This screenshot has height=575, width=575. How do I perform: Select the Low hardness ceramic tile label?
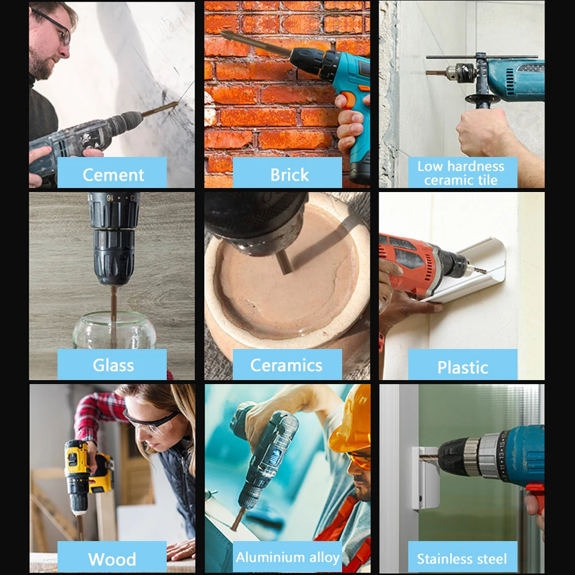point(462,173)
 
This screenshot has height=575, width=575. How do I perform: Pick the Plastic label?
point(462,367)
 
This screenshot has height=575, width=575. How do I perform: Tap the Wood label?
point(112,558)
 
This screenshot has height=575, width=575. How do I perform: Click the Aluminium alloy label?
point(287,557)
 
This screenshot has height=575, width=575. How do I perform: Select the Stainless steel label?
point(462,558)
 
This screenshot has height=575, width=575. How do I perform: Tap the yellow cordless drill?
point(80,471)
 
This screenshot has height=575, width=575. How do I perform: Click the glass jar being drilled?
point(114,331)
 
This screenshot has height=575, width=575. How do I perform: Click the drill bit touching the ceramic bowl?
point(283,262)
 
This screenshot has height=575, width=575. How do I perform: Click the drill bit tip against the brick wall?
point(227,35)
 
